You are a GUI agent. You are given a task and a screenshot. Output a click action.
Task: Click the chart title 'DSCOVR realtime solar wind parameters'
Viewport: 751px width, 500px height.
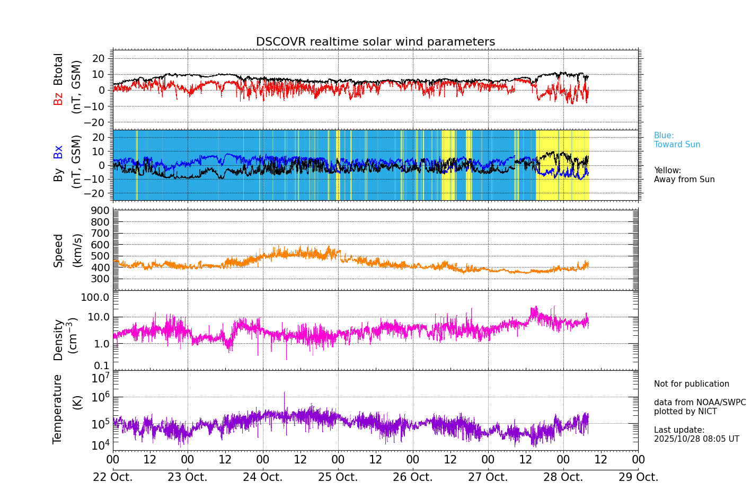coord(375,42)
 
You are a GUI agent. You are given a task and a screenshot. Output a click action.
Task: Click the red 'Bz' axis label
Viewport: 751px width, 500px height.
coord(58,99)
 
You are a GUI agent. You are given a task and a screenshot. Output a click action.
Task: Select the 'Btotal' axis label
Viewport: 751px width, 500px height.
coord(58,69)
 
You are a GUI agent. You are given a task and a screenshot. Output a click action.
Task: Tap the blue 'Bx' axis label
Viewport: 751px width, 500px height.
coord(58,152)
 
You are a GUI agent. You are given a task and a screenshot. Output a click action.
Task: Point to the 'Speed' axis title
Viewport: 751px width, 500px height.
coord(58,251)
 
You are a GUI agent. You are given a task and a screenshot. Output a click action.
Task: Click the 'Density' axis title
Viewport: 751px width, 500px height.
coord(58,340)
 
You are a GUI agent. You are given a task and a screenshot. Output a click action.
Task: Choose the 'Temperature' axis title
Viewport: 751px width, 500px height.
coord(58,408)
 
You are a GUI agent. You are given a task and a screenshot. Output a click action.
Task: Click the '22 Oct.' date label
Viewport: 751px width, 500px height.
coord(113,477)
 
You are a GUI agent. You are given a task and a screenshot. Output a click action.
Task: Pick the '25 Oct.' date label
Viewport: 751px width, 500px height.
coord(338,477)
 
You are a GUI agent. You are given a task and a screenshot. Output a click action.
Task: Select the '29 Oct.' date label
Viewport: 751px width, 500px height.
coord(638,477)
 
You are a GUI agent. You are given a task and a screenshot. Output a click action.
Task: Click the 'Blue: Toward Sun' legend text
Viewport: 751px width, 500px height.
coord(677,140)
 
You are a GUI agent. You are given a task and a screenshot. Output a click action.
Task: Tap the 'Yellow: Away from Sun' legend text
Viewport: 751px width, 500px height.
coord(684,175)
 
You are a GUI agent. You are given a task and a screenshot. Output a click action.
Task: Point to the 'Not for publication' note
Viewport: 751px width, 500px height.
coord(691,384)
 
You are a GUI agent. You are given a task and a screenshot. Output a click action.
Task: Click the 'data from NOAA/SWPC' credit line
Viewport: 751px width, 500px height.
coord(700,403)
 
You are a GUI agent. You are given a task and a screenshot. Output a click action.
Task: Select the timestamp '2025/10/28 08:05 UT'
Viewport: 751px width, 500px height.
coord(696,439)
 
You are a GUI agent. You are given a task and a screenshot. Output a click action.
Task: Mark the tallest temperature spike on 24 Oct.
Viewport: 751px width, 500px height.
coord(285,393)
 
